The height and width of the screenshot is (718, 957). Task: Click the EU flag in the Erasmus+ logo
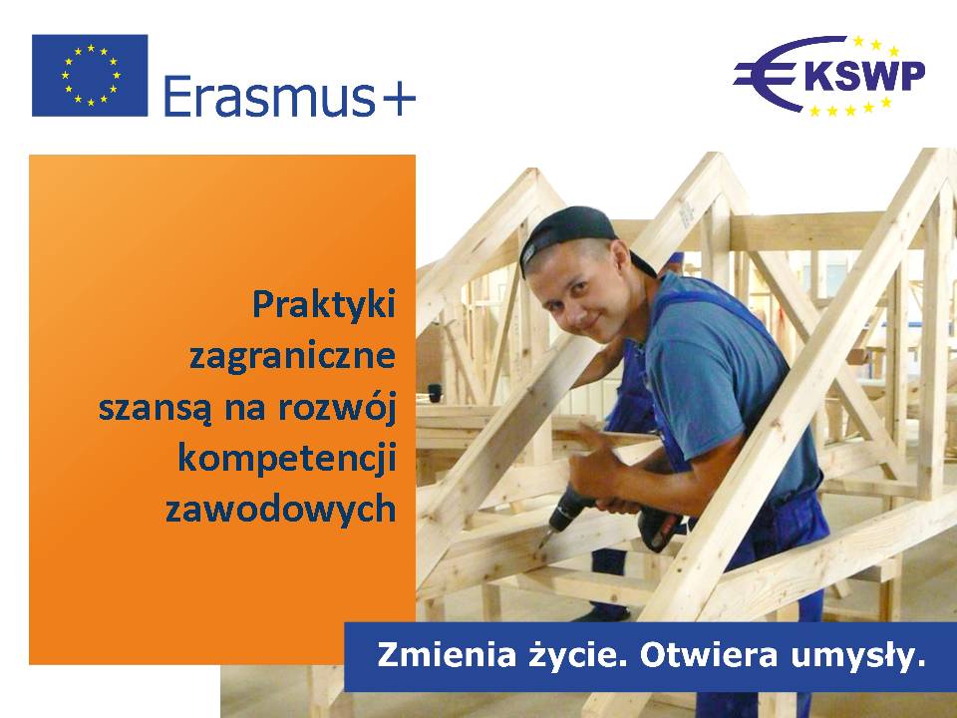pyautogui.click(x=90, y=75)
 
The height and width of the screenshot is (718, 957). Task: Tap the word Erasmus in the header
pyautogui.click(x=269, y=96)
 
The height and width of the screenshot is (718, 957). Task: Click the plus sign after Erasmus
pyautogui.click(x=397, y=98)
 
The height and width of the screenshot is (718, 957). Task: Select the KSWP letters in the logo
pyautogui.click(x=865, y=77)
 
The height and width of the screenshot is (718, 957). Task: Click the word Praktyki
pyautogui.click(x=324, y=305)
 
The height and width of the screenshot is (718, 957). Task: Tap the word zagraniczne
pyautogui.click(x=292, y=357)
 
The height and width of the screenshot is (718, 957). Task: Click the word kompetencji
pyautogui.click(x=287, y=459)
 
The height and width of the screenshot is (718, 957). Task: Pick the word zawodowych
pyautogui.click(x=281, y=510)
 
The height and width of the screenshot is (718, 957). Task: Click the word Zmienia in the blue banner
pyautogui.click(x=447, y=655)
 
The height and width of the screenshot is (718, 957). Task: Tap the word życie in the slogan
pyautogui.click(x=575, y=656)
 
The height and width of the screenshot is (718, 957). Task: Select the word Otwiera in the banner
pyautogui.click(x=709, y=655)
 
